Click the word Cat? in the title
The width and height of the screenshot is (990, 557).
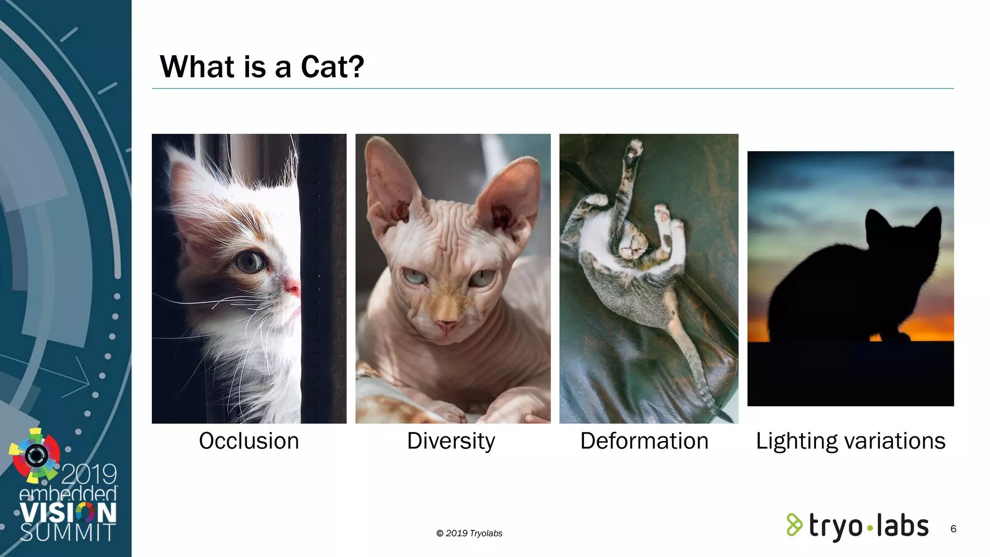coord(332,67)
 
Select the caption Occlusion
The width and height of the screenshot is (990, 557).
coord(249,441)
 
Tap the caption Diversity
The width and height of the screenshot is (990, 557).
coord(451,441)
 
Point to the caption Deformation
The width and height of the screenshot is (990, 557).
coord(644,441)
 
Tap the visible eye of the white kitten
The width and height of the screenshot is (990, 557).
coord(251,262)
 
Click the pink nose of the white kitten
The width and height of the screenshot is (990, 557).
coord(292,288)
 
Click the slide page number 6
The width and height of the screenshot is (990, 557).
coord(953,529)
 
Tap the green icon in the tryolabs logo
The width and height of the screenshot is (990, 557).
coord(794,525)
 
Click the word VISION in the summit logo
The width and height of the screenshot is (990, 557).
coord(68,513)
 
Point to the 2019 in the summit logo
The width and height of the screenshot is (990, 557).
coord(89,474)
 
